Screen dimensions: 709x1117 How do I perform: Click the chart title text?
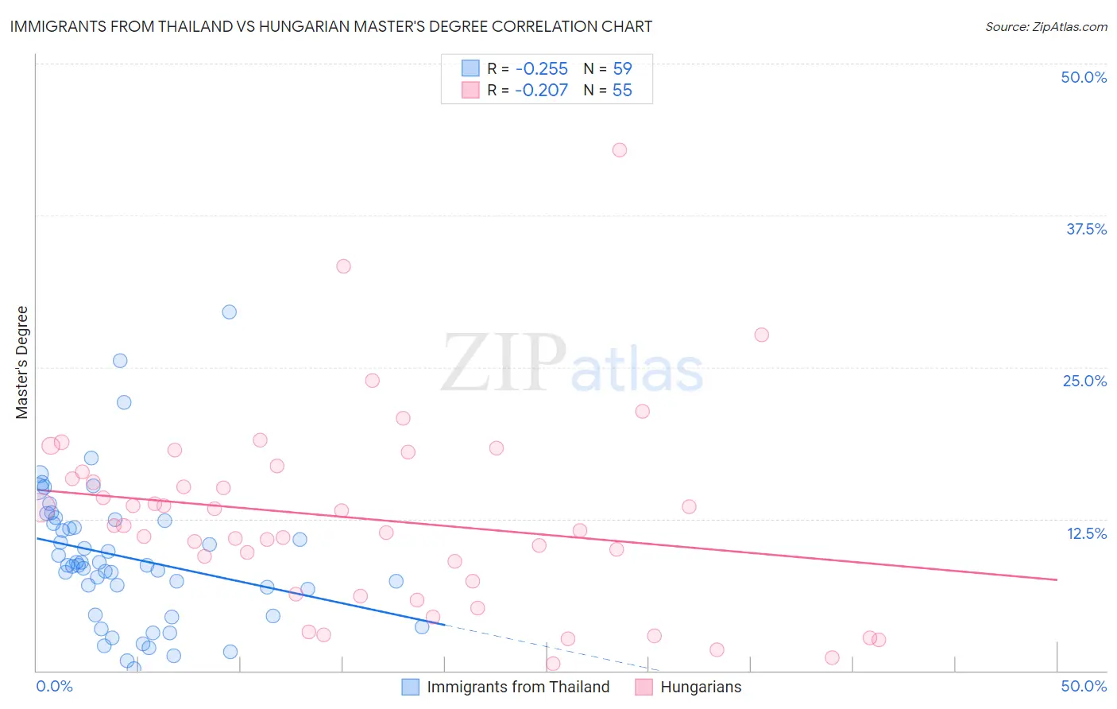click(331, 26)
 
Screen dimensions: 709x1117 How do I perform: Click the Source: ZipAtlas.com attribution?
click(1045, 27)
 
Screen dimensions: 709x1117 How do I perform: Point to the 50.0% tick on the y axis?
click(1084, 77)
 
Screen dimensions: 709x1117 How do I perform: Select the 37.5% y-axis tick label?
click(1086, 229)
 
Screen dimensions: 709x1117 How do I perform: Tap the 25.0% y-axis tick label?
click(1084, 381)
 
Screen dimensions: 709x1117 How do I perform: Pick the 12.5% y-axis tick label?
click(1086, 533)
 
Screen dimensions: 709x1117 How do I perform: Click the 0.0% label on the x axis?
click(54, 686)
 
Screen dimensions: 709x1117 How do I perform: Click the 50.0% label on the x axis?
click(1084, 686)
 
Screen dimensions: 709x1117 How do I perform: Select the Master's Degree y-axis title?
click(21, 362)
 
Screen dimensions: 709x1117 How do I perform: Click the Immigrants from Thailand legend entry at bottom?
click(518, 687)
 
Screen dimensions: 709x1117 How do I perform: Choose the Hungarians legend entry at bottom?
click(701, 687)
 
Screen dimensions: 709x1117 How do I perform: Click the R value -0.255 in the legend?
click(541, 68)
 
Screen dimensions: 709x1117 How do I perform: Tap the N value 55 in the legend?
click(622, 91)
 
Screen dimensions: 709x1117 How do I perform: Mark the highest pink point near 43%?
click(620, 150)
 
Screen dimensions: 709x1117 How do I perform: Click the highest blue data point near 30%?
click(230, 312)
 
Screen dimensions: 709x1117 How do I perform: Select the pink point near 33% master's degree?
click(343, 266)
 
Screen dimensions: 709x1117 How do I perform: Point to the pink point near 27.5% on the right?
click(762, 335)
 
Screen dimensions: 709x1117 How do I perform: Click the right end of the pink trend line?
click(1057, 579)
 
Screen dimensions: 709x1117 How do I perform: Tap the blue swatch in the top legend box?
click(470, 68)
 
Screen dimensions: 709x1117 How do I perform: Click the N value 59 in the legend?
click(622, 68)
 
